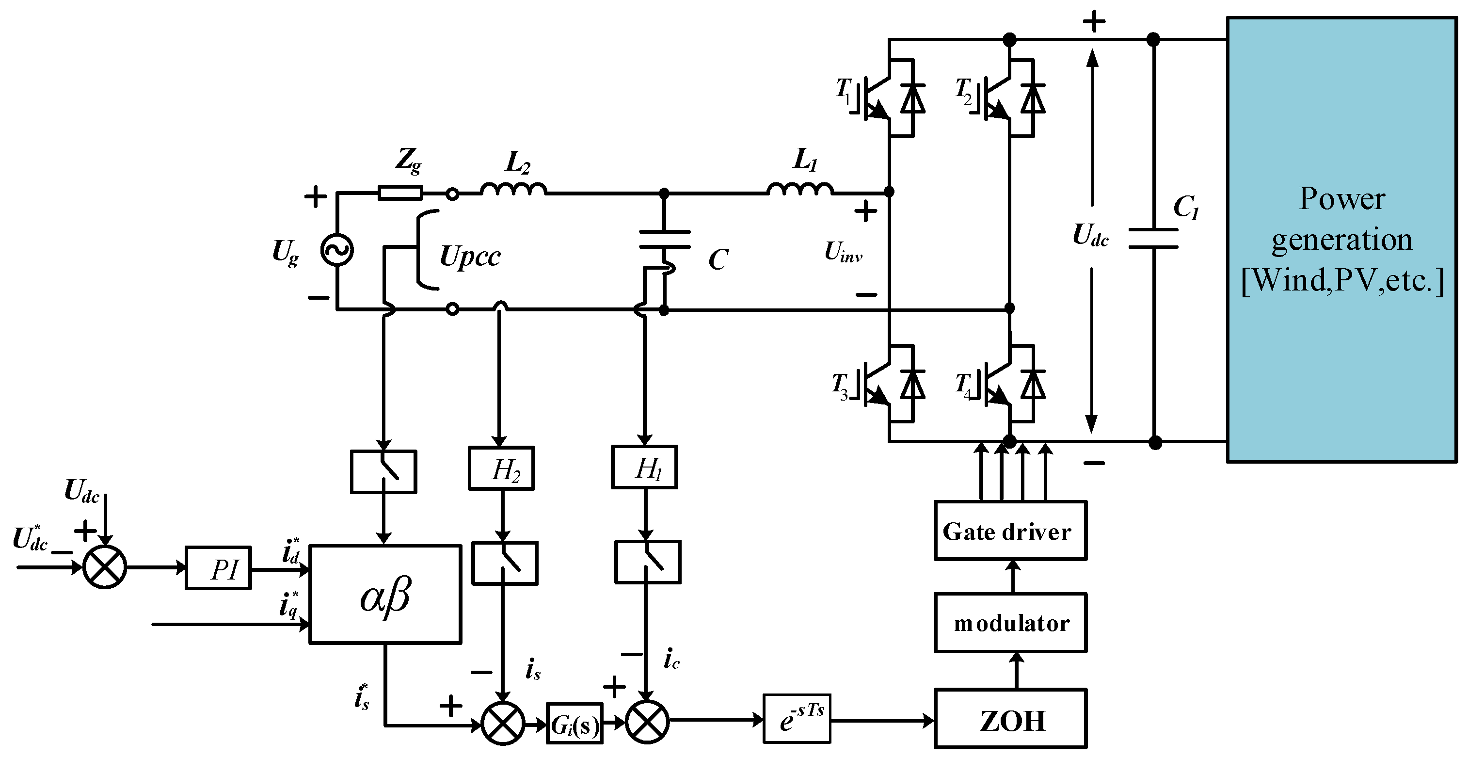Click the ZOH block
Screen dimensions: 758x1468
[x=1010, y=719]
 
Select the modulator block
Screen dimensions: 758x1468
[x=1010, y=623]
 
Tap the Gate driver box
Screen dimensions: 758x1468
[x=1010, y=531]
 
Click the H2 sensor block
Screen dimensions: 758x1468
[x=501, y=468]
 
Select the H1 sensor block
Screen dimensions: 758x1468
[x=644, y=468]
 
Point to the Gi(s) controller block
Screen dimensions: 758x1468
[x=574, y=724]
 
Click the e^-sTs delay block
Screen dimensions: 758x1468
[x=797, y=719]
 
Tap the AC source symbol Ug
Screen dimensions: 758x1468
[x=337, y=251]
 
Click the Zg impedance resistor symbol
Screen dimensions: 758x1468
[x=400, y=193]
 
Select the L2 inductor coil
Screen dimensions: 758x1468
[x=513, y=190]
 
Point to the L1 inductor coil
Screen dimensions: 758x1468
[x=800, y=190]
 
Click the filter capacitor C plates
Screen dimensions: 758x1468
[x=665, y=240]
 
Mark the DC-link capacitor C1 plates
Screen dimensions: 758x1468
[x=1153, y=239]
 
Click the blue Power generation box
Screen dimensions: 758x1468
[x=1341, y=240]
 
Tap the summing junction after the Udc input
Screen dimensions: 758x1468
[x=105, y=567]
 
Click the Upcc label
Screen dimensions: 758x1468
[x=470, y=257]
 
